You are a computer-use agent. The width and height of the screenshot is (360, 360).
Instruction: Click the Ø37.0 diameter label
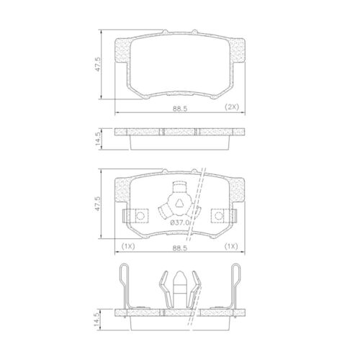[x=179, y=223]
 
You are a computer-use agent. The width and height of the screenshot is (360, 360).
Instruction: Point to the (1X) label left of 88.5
[x=129, y=246]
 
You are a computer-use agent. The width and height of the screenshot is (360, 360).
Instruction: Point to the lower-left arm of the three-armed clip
[x=166, y=210]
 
